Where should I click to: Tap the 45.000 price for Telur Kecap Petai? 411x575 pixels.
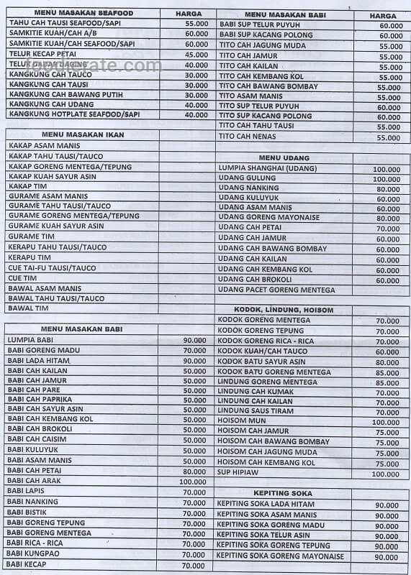point(196,55)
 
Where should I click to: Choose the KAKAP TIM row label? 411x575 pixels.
point(27,186)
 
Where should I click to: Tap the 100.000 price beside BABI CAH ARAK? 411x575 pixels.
point(192,482)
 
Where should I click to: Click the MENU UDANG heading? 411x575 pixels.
point(286,157)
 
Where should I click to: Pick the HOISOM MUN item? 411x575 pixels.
point(241,421)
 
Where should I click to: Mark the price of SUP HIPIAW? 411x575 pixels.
point(386,474)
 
